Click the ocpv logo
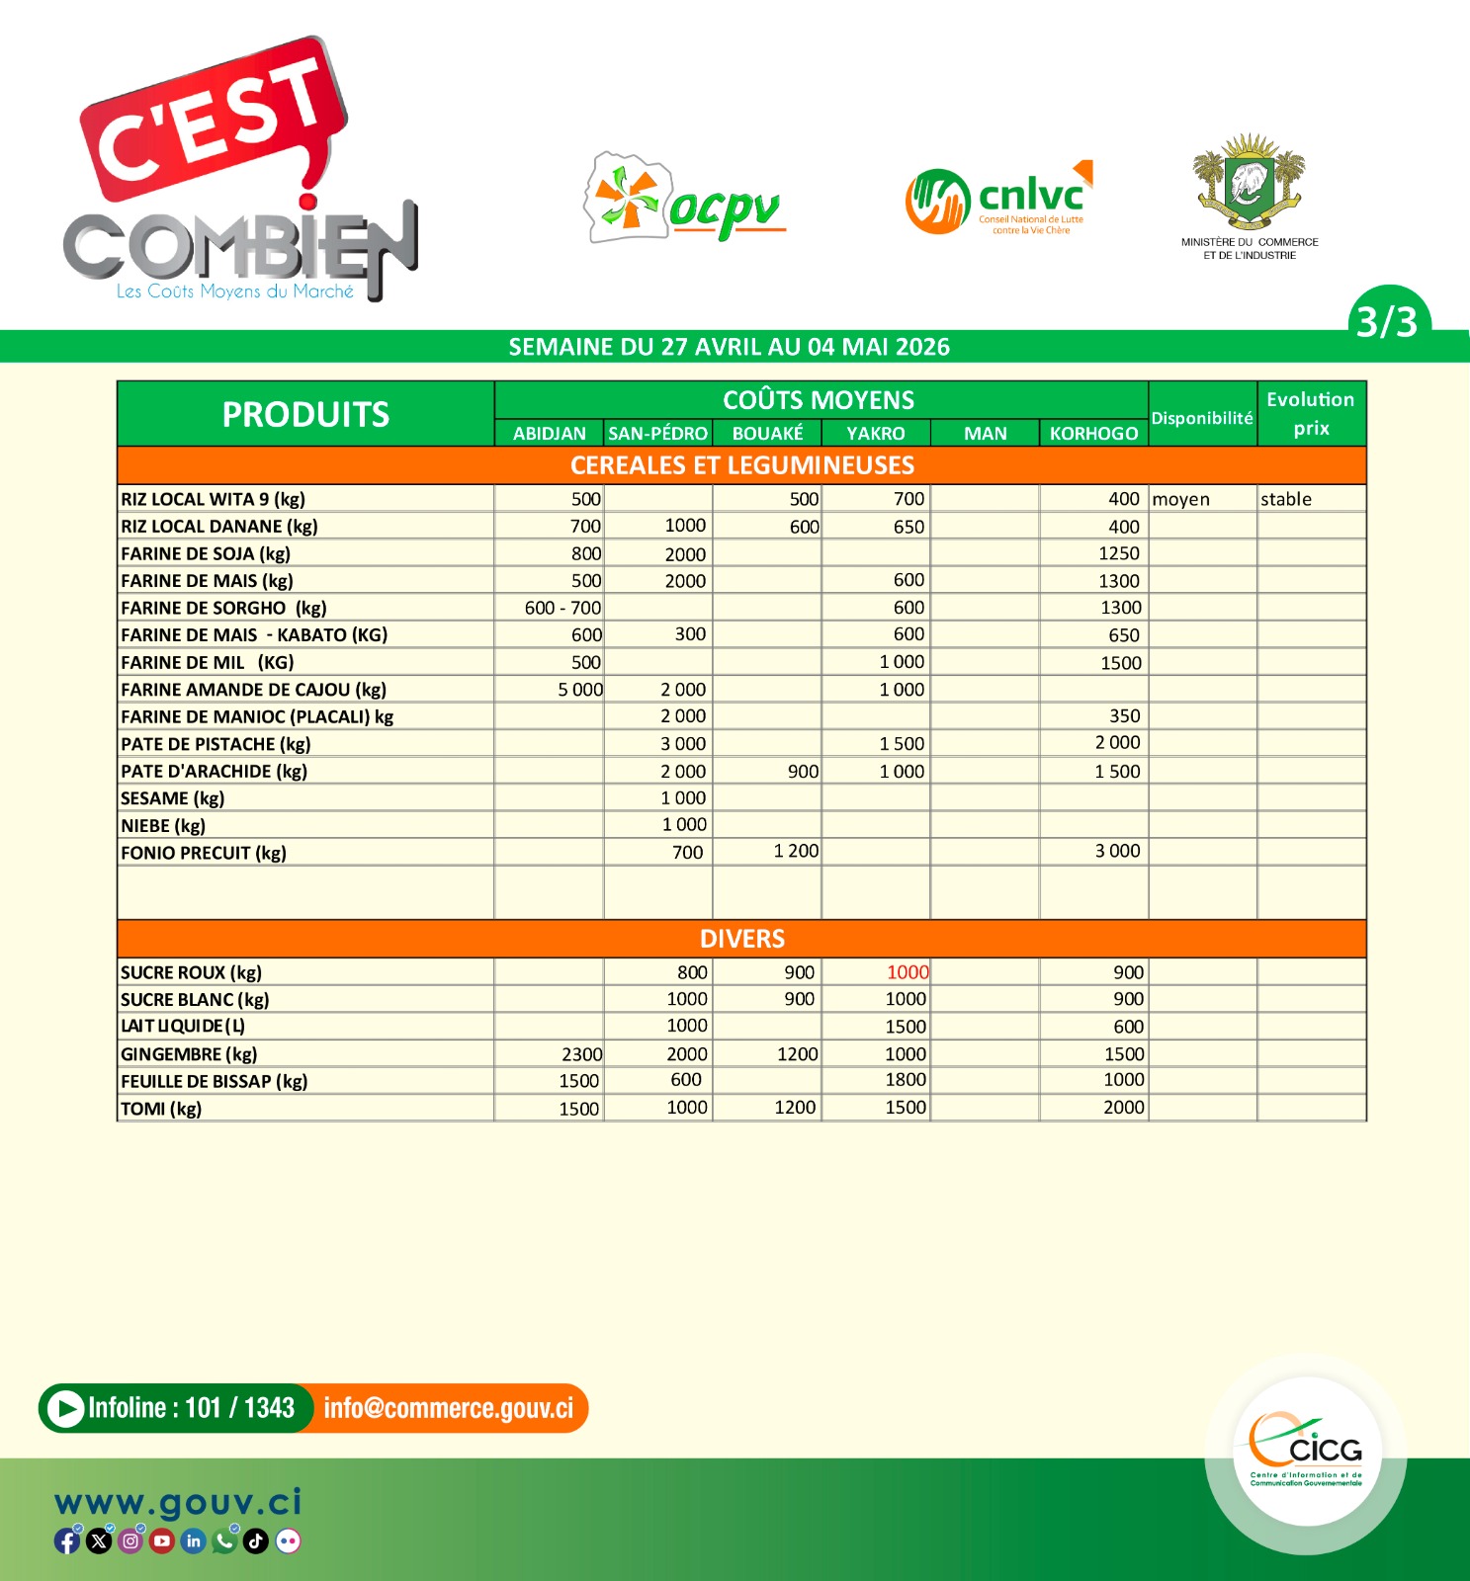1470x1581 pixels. pos(685,200)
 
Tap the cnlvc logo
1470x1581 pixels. pos(998,200)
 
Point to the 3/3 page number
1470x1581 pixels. pos(1386,321)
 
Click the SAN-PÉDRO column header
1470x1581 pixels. pos(657,433)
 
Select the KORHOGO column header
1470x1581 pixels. pos(1093,433)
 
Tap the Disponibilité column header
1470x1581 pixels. pos(1202,418)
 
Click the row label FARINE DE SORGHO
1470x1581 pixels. pos(223,608)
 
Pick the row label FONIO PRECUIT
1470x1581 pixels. pos(204,853)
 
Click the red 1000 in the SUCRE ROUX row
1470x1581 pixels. pos(907,972)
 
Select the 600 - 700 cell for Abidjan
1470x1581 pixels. pos(562,608)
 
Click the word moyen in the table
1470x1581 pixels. pos(1180,499)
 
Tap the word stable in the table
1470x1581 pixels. pos(1285,499)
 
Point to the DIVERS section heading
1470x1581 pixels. pos(741,939)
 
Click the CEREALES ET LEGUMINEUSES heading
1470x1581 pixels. pos(741,465)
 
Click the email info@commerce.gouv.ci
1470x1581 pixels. pos(448,1408)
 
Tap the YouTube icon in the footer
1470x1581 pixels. pos(162,1540)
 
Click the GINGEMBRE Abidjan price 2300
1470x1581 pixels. pos(581,1054)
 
